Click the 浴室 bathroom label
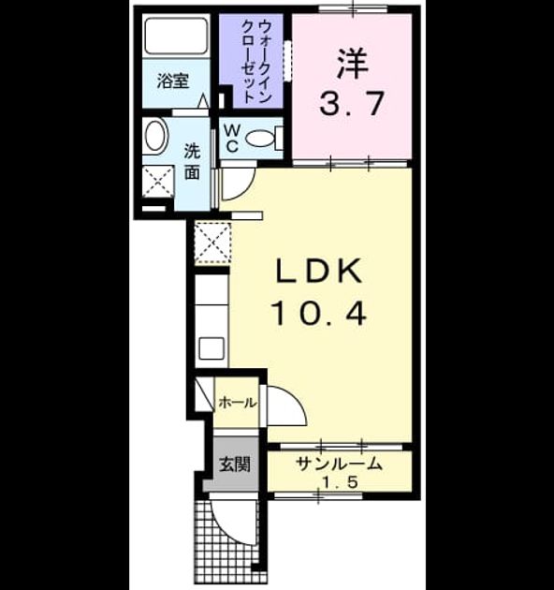(172, 81)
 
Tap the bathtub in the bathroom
(176, 36)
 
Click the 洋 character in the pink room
(352, 64)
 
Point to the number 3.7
(352, 103)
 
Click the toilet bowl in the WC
(260, 138)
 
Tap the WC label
(232, 138)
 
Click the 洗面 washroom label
(192, 162)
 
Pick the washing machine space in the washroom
(158, 182)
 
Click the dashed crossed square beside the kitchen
(212, 243)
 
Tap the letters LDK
(319, 271)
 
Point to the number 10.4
(318, 314)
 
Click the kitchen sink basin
(211, 348)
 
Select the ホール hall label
(238, 403)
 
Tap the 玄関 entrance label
(235, 465)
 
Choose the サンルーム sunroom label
(340, 464)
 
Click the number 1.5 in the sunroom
(340, 482)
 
